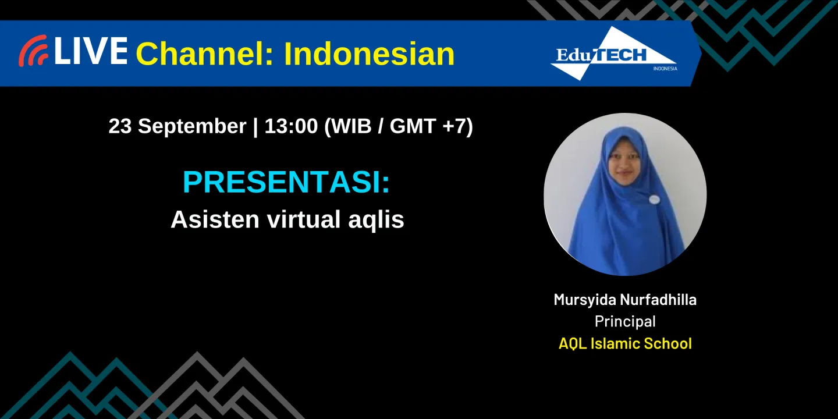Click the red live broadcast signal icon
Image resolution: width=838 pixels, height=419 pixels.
point(33,51)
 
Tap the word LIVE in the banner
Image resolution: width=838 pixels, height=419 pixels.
point(91,51)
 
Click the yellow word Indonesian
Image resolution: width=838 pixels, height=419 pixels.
point(369,54)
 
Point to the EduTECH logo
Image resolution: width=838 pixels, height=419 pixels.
point(613,54)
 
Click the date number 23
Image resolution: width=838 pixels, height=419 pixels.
point(120,126)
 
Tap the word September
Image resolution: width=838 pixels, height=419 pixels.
point(192,126)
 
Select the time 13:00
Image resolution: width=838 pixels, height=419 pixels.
point(291,126)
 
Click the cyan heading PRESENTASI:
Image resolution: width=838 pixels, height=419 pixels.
point(286,183)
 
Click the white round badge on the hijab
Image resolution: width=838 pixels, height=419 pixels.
point(655,200)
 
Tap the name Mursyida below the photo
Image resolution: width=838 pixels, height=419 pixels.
point(584,300)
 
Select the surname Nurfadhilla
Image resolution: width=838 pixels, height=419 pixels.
point(658,300)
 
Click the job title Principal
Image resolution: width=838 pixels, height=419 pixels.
point(625,321)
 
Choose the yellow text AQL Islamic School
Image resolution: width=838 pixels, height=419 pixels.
point(625,343)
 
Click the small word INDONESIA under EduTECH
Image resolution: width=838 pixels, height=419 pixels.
point(665,69)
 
